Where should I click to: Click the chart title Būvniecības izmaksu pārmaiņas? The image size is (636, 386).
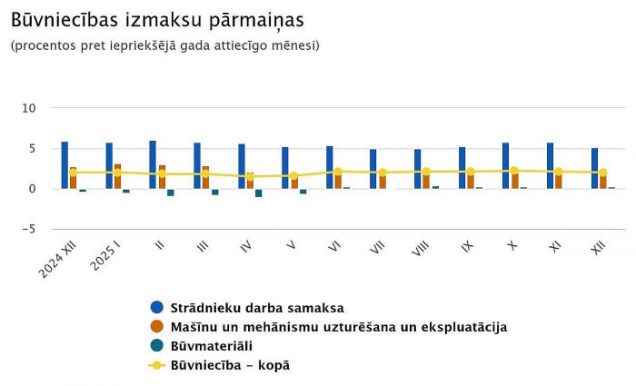click(x=157, y=19)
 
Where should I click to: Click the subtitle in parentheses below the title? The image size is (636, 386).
click(x=165, y=45)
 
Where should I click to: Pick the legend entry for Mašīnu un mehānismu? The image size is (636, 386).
click(x=338, y=326)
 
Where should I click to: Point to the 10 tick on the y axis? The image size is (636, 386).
click(x=29, y=108)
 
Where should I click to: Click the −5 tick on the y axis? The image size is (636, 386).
click(x=27, y=229)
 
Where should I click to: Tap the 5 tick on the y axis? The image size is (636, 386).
click(x=32, y=148)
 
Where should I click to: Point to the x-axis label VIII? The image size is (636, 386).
click(x=419, y=249)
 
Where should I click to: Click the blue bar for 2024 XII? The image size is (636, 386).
click(x=65, y=165)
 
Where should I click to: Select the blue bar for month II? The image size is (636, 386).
click(x=153, y=164)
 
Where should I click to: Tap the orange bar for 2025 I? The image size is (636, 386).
click(x=117, y=176)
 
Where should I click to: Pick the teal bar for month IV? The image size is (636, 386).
click(x=259, y=193)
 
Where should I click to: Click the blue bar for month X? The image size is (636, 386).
click(x=505, y=165)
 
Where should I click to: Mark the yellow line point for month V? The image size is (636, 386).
click(x=294, y=176)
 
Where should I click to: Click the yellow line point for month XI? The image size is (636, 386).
click(x=559, y=172)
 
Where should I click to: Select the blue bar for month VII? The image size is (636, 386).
click(x=373, y=169)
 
